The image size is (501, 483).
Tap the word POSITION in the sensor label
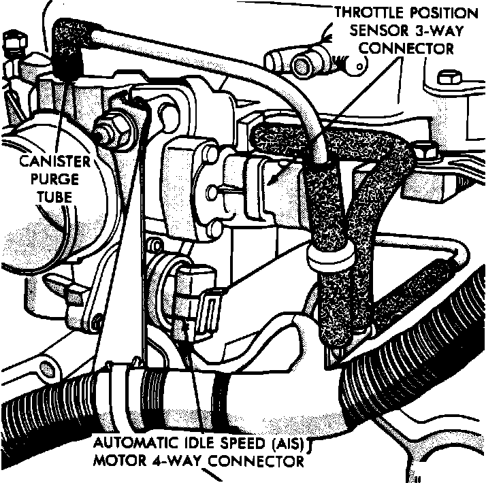point(444,13)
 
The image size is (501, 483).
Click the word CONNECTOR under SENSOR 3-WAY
point(406,49)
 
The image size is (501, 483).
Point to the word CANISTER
point(55,161)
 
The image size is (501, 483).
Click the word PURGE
point(54,179)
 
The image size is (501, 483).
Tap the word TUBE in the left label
point(54,197)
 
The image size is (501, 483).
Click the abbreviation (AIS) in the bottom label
point(289,444)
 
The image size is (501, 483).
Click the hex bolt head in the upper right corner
point(449,78)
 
